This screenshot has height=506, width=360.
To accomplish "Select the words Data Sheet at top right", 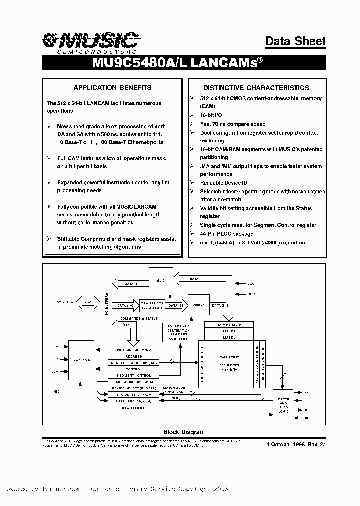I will [295, 41].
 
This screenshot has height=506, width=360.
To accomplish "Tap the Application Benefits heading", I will [112, 87].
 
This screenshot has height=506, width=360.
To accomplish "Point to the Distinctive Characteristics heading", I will [256, 87].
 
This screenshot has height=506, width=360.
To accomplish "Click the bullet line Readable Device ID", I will [223, 183].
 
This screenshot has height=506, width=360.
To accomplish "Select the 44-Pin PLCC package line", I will [226, 234].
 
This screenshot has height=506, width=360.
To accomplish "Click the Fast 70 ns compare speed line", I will [232, 124].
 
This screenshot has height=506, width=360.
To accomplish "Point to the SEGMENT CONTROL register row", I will [133, 375].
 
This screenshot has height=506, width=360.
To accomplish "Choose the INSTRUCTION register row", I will [133, 350].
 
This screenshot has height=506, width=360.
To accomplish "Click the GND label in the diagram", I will [251, 294].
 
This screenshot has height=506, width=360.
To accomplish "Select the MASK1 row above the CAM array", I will [229, 331].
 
